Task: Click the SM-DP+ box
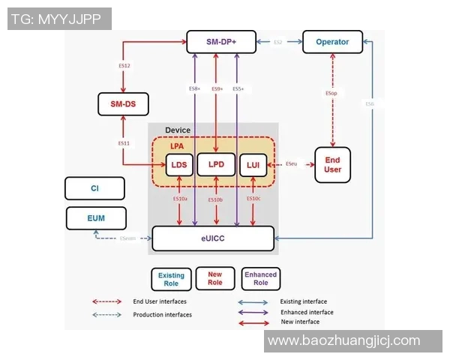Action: [221, 42]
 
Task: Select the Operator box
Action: [331, 42]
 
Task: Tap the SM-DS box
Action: [123, 103]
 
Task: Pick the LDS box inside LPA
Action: [178, 164]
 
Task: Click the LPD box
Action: [216, 164]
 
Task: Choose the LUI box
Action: [252, 164]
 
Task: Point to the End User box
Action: [332, 164]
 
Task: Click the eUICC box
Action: [212, 238]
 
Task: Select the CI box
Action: [95, 187]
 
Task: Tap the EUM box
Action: [96, 218]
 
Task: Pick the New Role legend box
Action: [215, 279]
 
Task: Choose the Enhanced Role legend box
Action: [260, 279]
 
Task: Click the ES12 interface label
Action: [125, 67]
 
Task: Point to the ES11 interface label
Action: [124, 142]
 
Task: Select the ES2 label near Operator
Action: [277, 43]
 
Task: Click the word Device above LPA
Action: [178, 130]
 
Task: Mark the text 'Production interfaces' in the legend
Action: [162, 315]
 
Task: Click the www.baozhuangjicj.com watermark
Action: [344, 341]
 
